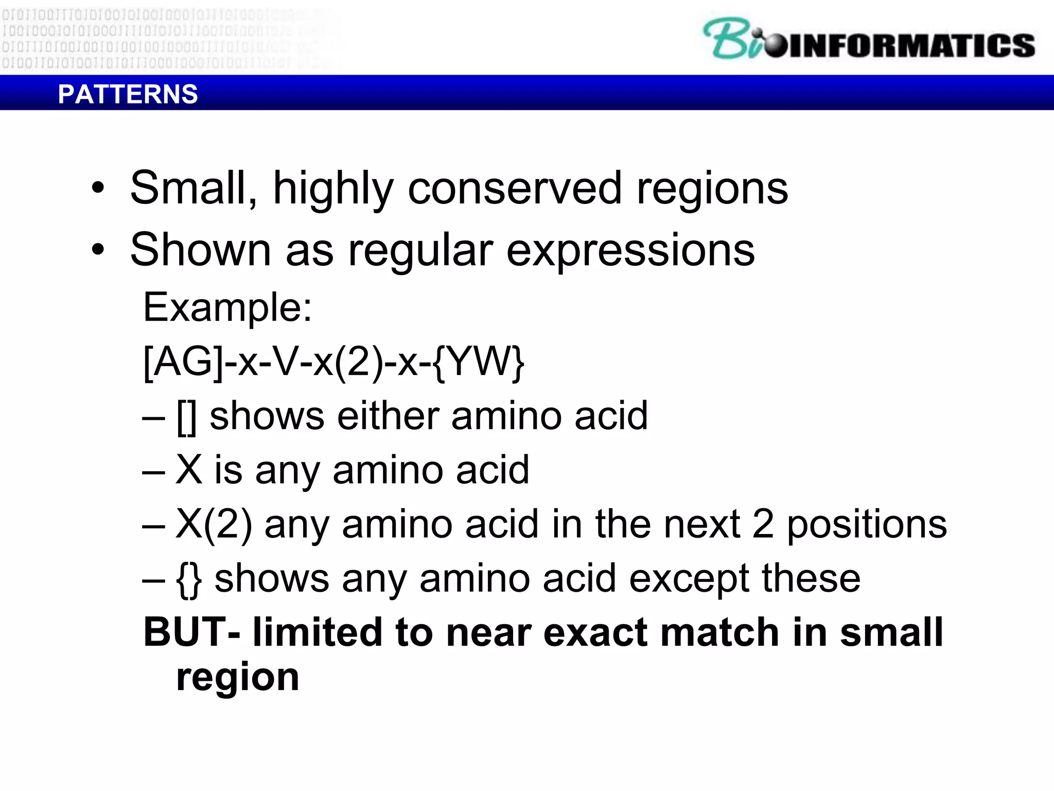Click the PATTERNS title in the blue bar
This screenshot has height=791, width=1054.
[128, 94]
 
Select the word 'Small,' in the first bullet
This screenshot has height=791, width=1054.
[194, 188]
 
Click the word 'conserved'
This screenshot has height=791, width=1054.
[515, 188]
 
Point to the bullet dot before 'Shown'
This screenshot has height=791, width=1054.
[98, 250]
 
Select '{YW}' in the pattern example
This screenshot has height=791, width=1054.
[479, 362]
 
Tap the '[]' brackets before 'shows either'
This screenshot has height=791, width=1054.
[186, 417]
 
